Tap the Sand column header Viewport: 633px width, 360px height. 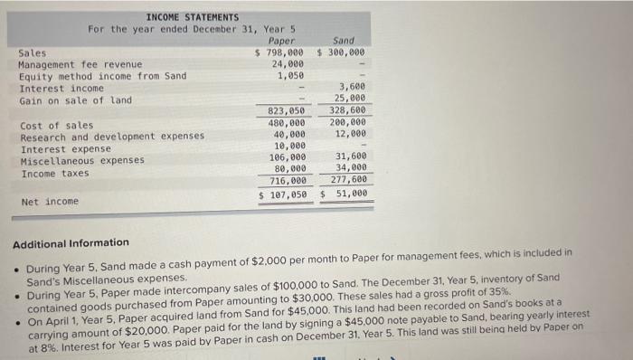coord(344,41)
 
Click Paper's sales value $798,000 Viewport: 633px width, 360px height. coord(281,52)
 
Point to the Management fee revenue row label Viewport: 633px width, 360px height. coord(80,64)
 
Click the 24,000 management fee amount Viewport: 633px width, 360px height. coord(288,64)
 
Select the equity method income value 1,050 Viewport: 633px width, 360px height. coord(291,76)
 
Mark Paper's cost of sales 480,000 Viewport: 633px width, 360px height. coord(287,123)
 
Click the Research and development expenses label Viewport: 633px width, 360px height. coord(111,137)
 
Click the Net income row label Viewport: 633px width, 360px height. coord(49,200)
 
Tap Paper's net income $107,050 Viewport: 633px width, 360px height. coord(282,194)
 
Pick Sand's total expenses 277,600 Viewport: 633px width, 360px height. coord(347,180)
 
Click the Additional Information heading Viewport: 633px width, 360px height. coord(71,242)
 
